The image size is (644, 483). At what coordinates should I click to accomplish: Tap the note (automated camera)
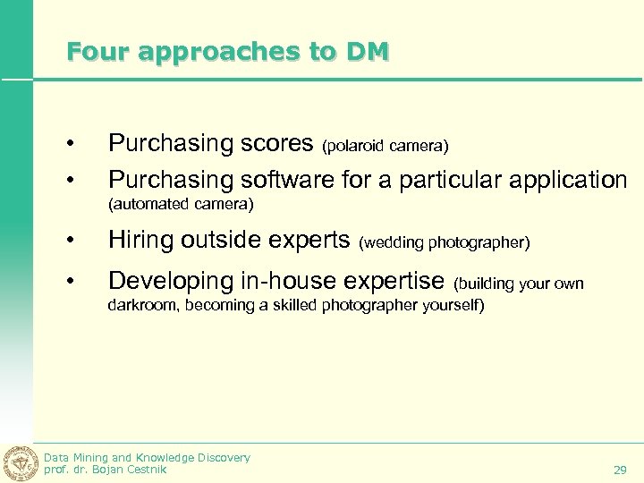click(181, 205)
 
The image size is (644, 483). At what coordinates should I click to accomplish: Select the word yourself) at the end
click(451, 306)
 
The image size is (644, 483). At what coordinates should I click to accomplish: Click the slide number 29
click(620, 470)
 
